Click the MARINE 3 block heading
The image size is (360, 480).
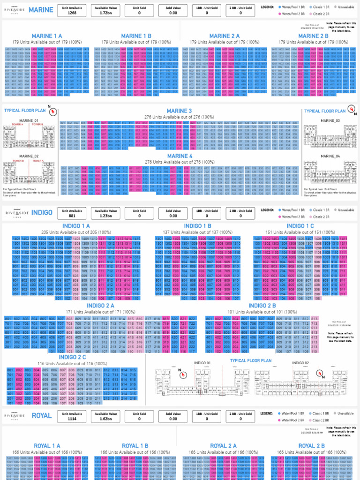pyautogui.click(x=180, y=111)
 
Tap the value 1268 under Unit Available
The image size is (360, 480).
pyautogui.click(x=72, y=13)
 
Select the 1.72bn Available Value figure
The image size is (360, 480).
pyautogui.click(x=105, y=13)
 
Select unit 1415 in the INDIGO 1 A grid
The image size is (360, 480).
pyautogui.click(x=136, y=239)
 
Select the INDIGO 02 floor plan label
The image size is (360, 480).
pyautogui.click(x=300, y=363)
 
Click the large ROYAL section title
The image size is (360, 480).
pyautogui.click(x=42, y=415)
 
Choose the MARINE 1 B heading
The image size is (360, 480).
pyautogui.click(x=136, y=36)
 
